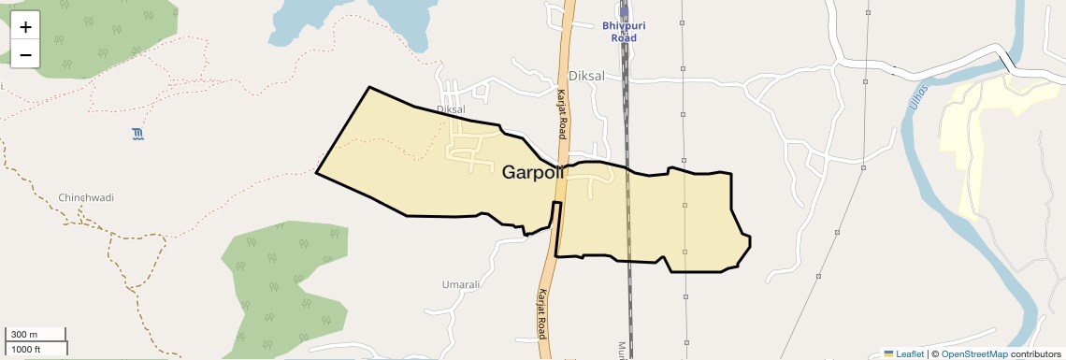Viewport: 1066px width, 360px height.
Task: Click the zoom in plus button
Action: [x=25, y=27]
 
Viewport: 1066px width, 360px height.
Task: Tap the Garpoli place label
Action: [x=533, y=173]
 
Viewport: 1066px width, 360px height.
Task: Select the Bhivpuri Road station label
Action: [x=624, y=32]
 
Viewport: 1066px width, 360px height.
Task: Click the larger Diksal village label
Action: [x=587, y=76]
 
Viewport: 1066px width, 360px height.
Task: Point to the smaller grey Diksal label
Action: [x=451, y=109]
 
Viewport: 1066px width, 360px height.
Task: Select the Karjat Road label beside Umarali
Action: [x=541, y=312]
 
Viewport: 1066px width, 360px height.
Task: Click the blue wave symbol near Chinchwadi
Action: [x=138, y=134]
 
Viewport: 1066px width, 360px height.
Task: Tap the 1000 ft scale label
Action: [x=25, y=349]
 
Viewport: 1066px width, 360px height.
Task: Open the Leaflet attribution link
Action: [x=904, y=353]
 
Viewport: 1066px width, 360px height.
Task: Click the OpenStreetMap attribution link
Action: [x=973, y=353]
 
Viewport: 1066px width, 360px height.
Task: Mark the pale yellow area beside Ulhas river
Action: [x=982, y=140]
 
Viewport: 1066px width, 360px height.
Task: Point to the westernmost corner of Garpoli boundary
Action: [x=317, y=173]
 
